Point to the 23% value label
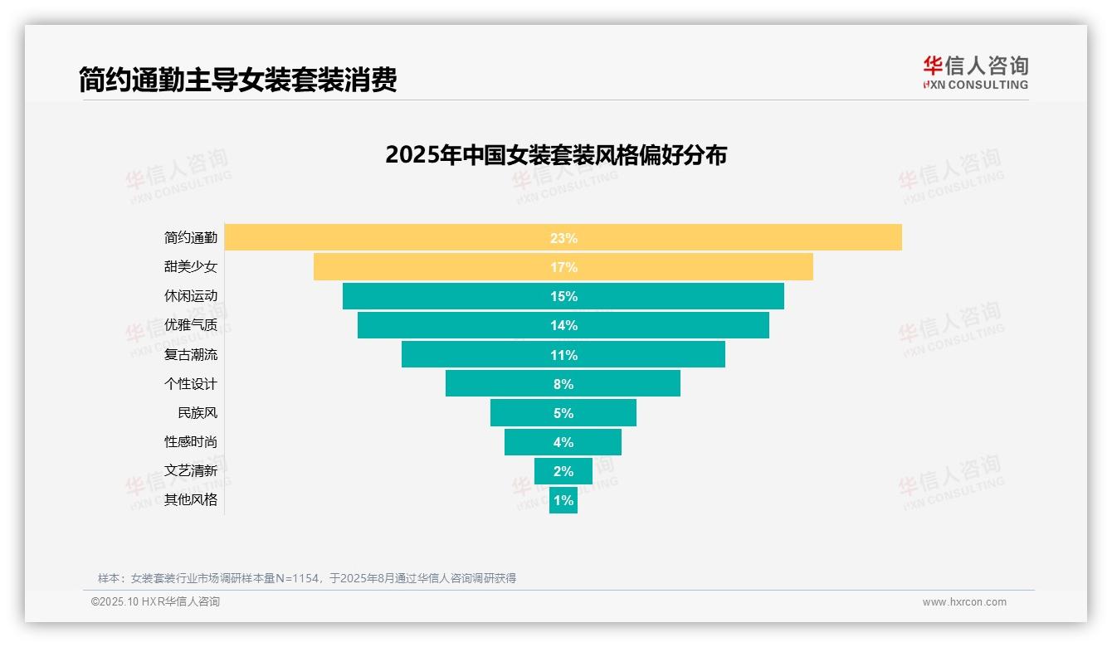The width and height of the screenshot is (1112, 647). (563, 238)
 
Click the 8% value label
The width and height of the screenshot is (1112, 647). (563, 384)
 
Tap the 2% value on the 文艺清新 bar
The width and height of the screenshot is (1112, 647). (563, 471)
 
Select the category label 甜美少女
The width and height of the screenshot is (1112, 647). (191, 267)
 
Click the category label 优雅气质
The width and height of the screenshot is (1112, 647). (191, 325)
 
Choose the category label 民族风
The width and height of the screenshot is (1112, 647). (198, 413)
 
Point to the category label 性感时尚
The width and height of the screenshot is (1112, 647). (191, 442)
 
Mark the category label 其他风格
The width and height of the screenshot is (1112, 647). (191, 500)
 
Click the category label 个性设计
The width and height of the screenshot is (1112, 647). (191, 384)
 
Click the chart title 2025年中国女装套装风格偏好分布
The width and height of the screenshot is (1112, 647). (556, 155)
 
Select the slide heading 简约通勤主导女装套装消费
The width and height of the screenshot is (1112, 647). (238, 80)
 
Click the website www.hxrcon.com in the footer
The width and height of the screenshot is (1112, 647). (964, 602)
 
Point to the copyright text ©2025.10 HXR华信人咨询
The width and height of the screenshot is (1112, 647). (155, 602)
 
